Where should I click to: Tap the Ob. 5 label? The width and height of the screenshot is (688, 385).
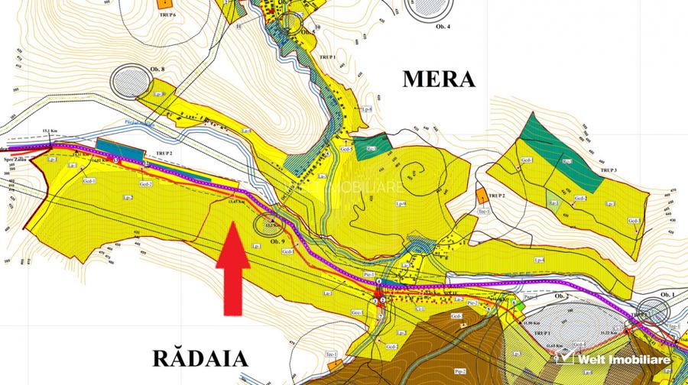(x=308, y=32)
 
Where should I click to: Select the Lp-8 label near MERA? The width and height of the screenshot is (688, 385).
(x=368, y=110)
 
